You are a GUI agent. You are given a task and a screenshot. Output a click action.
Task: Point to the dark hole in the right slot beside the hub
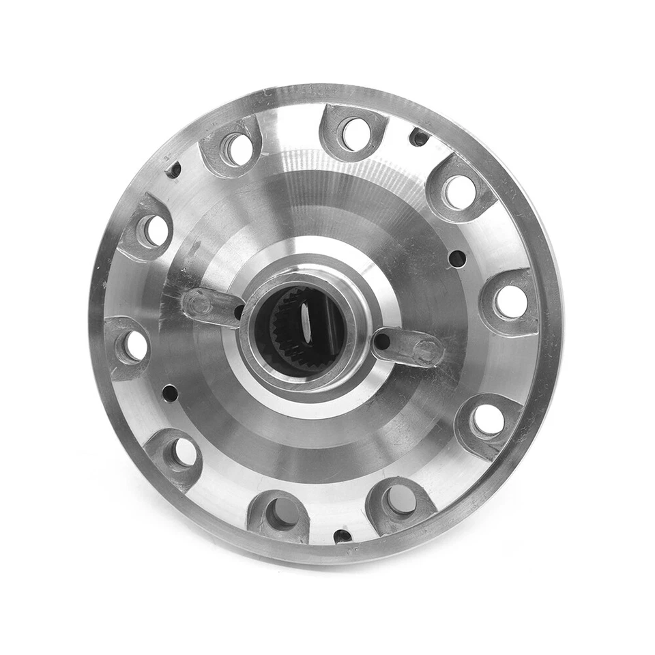[383, 340]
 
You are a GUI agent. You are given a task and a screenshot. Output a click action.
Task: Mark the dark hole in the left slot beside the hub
[239, 311]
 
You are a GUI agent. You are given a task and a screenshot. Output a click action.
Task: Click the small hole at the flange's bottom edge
[343, 536]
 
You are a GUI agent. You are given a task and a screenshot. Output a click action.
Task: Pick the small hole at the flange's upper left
[174, 169]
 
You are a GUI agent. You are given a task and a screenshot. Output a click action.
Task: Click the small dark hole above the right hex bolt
[457, 259]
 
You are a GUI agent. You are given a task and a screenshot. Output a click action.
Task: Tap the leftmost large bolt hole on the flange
[134, 345]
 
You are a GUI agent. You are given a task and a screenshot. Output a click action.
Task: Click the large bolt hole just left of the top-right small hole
[355, 134]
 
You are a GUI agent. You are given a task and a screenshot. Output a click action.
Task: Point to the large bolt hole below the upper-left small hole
[155, 230]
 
